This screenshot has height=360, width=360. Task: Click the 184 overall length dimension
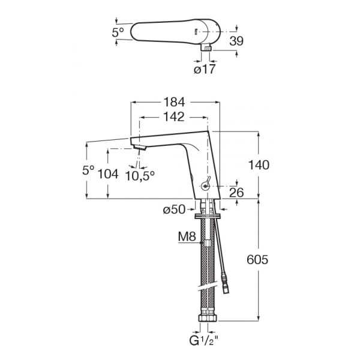tap(174, 102)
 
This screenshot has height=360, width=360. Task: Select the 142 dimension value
tap(174, 117)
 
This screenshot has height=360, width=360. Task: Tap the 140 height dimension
tap(259, 165)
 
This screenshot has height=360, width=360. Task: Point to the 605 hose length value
tap(257, 260)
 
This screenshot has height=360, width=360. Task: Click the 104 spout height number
tap(108, 174)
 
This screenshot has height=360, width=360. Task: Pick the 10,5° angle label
tap(140, 176)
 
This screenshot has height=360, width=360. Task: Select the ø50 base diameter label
tap(174, 209)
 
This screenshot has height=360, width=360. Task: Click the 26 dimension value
tap(236, 192)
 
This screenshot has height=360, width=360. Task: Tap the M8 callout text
tap(187, 236)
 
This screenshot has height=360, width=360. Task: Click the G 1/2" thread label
tap(203, 340)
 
